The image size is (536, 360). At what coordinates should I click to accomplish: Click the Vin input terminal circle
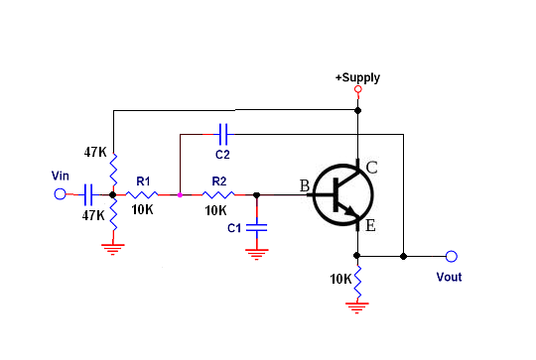(60, 194)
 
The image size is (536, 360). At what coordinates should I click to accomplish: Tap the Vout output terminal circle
(452, 256)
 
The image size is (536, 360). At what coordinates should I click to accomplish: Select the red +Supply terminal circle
(358, 89)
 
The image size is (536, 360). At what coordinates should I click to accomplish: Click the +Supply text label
(357, 78)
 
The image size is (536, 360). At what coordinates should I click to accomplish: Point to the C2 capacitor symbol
(223, 134)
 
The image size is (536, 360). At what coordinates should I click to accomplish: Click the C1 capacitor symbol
(257, 227)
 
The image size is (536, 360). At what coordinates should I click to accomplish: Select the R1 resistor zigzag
(142, 194)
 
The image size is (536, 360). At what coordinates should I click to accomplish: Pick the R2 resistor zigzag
(218, 194)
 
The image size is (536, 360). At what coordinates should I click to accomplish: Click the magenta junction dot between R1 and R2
(180, 195)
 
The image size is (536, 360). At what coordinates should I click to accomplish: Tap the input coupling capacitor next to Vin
(88, 194)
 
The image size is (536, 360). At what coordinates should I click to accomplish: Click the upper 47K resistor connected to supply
(113, 170)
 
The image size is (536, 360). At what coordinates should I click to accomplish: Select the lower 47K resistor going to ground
(113, 215)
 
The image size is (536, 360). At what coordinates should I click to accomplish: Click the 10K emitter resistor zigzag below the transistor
(357, 282)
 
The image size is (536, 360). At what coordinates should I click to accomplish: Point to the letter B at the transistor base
(305, 186)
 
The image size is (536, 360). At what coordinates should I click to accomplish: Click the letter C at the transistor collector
(371, 168)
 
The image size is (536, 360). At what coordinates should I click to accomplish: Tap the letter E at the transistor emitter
(370, 226)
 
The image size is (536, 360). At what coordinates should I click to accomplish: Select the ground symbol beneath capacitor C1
(257, 254)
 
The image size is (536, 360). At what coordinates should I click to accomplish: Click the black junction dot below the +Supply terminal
(358, 110)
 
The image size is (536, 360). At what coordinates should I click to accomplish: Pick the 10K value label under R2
(215, 210)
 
